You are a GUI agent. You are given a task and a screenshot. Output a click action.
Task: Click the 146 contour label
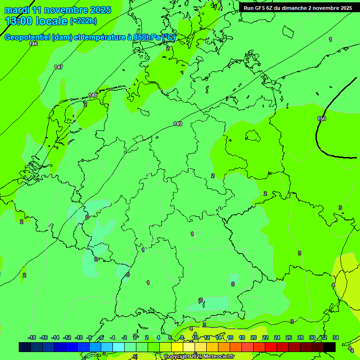pyautogui.click(x=33, y=44)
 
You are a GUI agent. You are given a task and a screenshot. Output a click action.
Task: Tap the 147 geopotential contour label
pyautogui.click(x=58, y=67)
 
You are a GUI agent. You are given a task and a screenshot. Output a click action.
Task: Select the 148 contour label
pyautogui.click(x=93, y=95)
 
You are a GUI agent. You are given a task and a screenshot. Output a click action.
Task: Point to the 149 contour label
pyautogui.click(x=177, y=124)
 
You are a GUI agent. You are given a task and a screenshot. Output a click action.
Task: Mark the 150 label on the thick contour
pyautogui.click(x=321, y=119)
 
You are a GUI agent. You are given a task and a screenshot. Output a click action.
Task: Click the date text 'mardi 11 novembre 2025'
pyautogui.click(x=58, y=10)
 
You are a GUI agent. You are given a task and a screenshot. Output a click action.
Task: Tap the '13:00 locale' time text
pyautogui.click(x=36, y=21)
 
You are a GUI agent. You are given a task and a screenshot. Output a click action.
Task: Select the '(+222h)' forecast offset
pyautogui.click(x=83, y=21)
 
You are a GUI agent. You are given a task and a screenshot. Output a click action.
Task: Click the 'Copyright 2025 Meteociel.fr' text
pyautogui.click(x=199, y=357)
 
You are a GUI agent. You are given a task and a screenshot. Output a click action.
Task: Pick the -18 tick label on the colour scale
pyautogui.click(x=32, y=337)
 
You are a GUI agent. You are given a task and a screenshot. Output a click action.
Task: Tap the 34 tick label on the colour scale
pyautogui.click(x=336, y=337)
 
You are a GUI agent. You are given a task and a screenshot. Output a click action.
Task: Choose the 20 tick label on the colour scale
pyautogui.click(x=254, y=337)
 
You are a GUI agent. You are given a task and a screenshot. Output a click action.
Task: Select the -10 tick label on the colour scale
pyautogui.click(x=79, y=337)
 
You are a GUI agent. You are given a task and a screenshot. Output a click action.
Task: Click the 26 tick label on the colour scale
pyautogui.click(x=289, y=337)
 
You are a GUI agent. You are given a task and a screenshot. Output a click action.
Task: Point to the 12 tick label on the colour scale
pyautogui.click(x=207, y=337)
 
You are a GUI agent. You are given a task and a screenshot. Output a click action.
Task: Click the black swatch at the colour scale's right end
pyautogui.click(x=330, y=347)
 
